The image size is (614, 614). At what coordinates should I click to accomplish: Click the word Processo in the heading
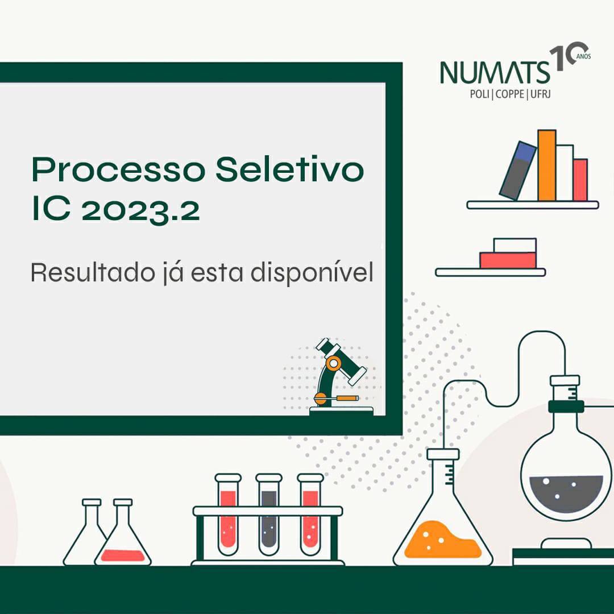pos(119,169)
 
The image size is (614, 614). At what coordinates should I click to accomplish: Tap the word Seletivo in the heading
pos(290,169)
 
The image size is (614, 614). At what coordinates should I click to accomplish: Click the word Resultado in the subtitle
pos(93,272)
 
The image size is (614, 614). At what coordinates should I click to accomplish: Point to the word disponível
pos(312,272)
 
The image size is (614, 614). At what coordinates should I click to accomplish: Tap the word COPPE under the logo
pos(510,94)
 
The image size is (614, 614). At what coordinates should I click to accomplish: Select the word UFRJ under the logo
pos(541,94)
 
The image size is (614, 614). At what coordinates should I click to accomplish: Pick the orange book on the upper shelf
pos(547,165)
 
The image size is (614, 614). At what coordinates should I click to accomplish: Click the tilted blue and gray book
pos(518,171)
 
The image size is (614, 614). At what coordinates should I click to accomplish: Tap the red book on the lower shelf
pos(508,260)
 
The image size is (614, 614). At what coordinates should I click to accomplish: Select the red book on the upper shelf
pos(580,180)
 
